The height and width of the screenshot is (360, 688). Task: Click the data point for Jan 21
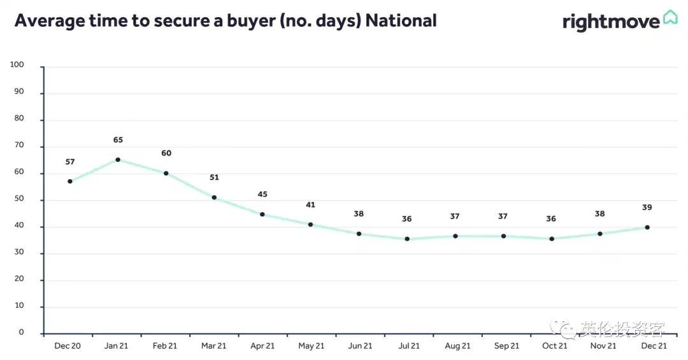point(118,160)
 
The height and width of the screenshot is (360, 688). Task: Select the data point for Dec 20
point(70,182)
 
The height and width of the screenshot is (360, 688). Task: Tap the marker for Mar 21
point(214,198)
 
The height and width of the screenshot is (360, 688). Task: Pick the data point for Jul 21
point(407,239)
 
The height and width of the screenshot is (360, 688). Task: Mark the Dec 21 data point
point(647,227)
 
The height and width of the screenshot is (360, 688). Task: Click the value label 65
point(118,140)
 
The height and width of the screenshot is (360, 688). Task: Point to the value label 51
point(214,177)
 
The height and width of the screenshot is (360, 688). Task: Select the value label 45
point(262,194)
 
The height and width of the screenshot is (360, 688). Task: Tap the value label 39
point(647,207)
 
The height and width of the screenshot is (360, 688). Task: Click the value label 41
point(311,205)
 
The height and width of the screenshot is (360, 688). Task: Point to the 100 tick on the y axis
point(17,64)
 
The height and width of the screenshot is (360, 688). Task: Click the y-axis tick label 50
point(19,198)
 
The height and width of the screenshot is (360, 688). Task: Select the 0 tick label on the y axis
point(21,333)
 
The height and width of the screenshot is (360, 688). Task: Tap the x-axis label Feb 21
point(165,346)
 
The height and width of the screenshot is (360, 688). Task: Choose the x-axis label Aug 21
point(457,346)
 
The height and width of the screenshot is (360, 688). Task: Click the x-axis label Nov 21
point(603,346)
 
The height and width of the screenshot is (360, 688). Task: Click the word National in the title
point(401,20)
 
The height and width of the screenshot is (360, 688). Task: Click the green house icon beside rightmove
point(670,18)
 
